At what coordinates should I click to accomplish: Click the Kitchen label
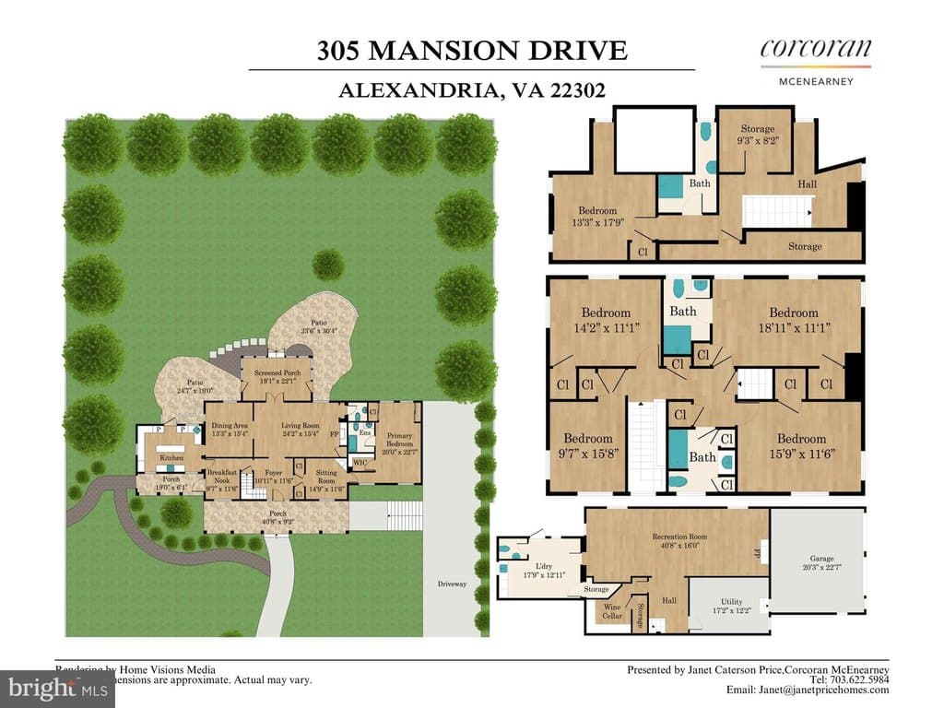tap(172, 457)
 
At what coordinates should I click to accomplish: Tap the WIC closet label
tap(360, 463)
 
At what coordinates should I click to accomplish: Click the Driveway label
tap(453, 584)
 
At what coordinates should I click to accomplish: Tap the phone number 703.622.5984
tap(860, 679)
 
